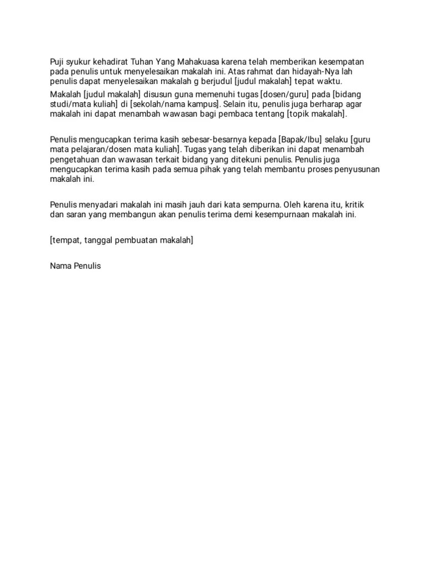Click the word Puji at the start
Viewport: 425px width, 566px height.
57,61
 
